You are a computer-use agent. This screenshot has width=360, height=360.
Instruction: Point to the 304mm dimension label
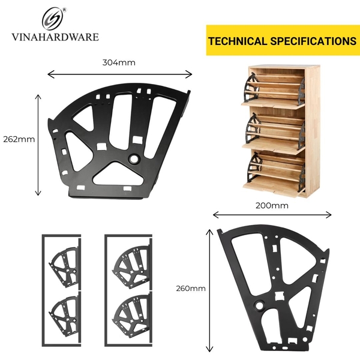tap(118, 62)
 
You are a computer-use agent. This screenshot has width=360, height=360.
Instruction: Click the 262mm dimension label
tap(19, 139)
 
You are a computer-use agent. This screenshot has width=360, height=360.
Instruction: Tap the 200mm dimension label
tap(271, 205)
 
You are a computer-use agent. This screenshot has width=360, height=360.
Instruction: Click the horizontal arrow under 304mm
tap(119, 74)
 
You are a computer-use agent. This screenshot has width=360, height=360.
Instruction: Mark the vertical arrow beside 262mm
tap(39, 143)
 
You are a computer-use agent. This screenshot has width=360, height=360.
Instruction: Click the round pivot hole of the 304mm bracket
tap(134, 159)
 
